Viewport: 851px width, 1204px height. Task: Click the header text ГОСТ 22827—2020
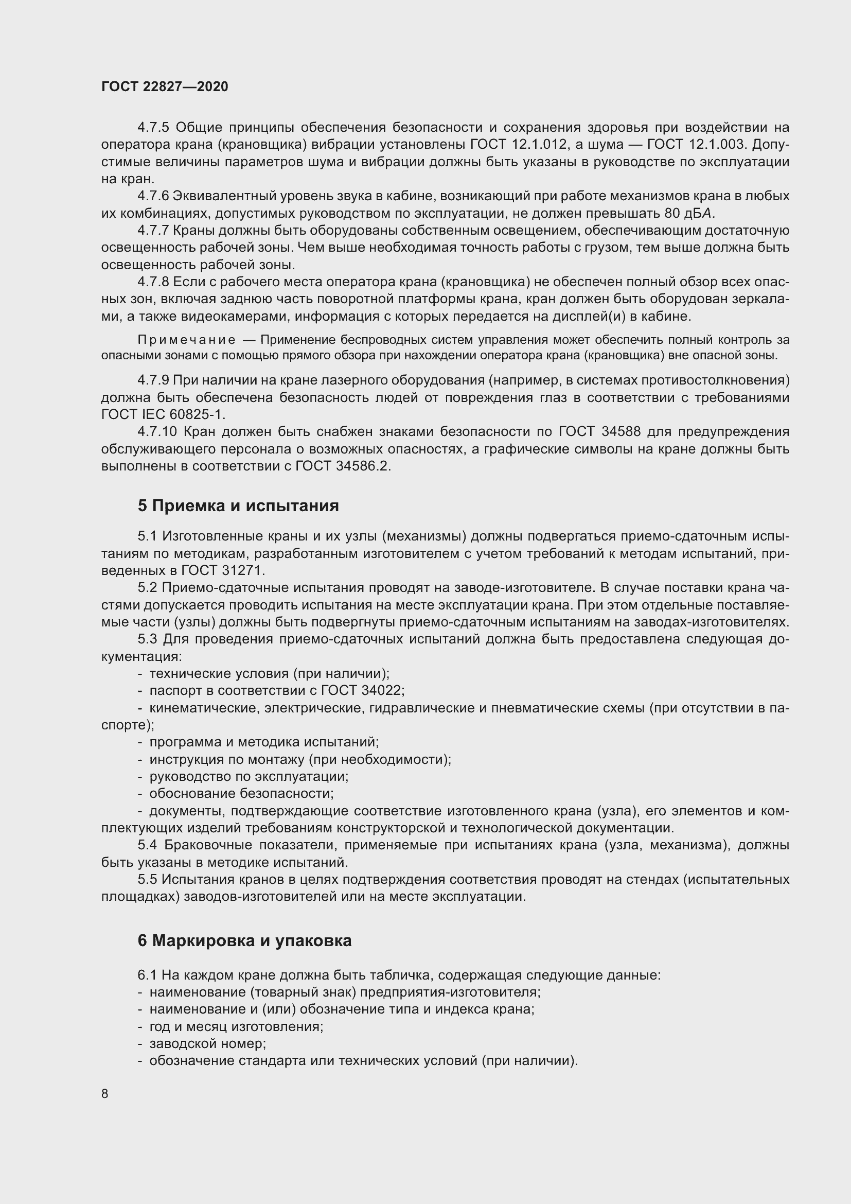click(x=165, y=86)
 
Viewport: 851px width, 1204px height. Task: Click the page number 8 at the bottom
click(x=105, y=1094)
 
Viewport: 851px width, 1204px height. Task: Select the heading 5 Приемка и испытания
click(x=238, y=505)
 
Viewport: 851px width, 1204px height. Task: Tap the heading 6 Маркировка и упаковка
click(x=244, y=941)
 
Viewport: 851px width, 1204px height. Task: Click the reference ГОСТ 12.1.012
click(x=519, y=144)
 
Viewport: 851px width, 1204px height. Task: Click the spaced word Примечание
click(x=186, y=340)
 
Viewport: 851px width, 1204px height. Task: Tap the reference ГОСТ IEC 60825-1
click(x=163, y=414)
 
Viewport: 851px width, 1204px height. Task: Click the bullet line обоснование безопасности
click(x=241, y=793)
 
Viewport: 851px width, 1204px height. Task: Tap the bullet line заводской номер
click(x=207, y=1043)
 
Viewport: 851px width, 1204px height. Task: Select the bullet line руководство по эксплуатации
click(x=249, y=776)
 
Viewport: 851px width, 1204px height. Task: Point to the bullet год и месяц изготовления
click(x=236, y=1026)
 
